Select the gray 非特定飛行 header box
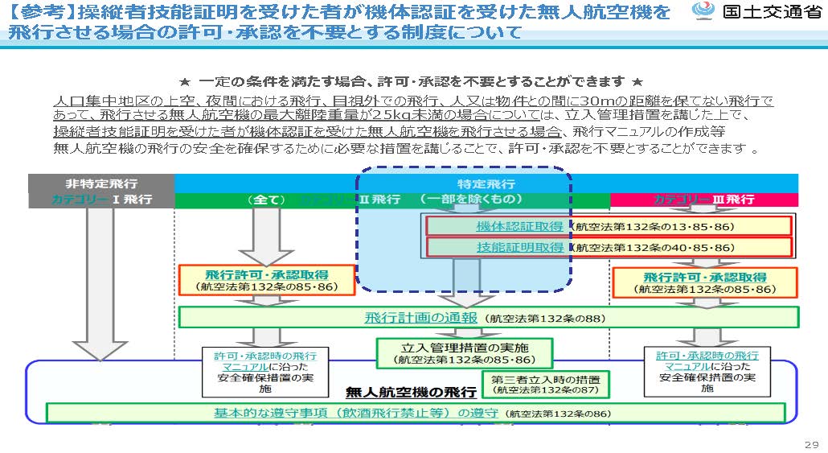coord(100,183)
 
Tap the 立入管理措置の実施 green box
coord(464,352)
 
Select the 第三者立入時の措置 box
coord(545,384)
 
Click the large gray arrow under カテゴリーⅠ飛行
coord(100,282)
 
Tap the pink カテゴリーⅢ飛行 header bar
coord(703,200)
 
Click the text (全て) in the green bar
coord(266,200)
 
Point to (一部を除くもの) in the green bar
coord(471,199)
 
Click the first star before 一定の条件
coord(184,82)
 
